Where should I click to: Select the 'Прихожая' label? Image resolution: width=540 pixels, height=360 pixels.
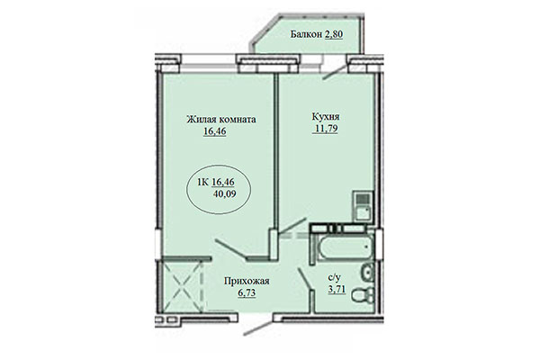pyautogui.click(x=247, y=280)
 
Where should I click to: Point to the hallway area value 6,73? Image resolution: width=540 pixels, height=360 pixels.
pyautogui.click(x=247, y=293)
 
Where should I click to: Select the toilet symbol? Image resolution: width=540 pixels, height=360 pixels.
pyautogui.click(x=361, y=295)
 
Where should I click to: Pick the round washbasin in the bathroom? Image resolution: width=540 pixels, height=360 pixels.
pyautogui.click(x=365, y=273)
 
